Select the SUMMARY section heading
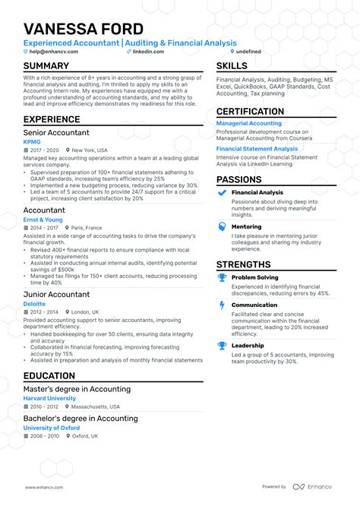point(46,66)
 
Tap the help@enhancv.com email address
point(53,52)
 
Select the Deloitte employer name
point(34,303)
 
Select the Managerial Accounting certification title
point(249,122)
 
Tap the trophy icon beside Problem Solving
point(222,278)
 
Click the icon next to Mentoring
point(222,226)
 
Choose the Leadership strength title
point(247,345)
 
